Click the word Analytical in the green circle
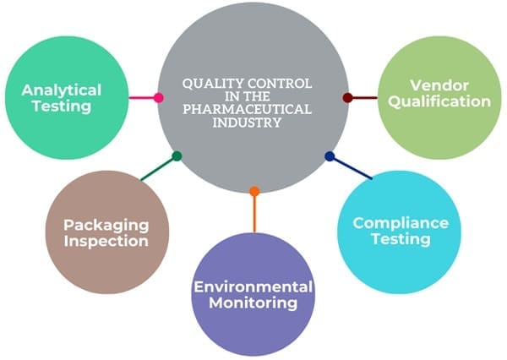pyautogui.click(x=62, y=90)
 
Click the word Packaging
pyautogui.click(x=106, y=226)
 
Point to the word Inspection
pyautogui.click(x=106, y=242)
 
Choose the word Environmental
pyautogui.click(x=253, y=286)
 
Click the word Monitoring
pyautogui.click(x=253, y=303)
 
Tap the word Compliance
pyautogui.click(x=401, y=223)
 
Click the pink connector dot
pyautogui.click(x=159, y=97)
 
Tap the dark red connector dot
pyautogui.click(x=347, y=98)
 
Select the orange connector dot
pyautogui.click(x=254, y=191)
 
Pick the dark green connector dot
pyautogui.click(x=177, y=156)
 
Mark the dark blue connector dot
pyautogui.click(x=330, y=156)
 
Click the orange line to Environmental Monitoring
pyautogui.click(x=254, y=213)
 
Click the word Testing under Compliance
pyautogui.click(x=401, y=239)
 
